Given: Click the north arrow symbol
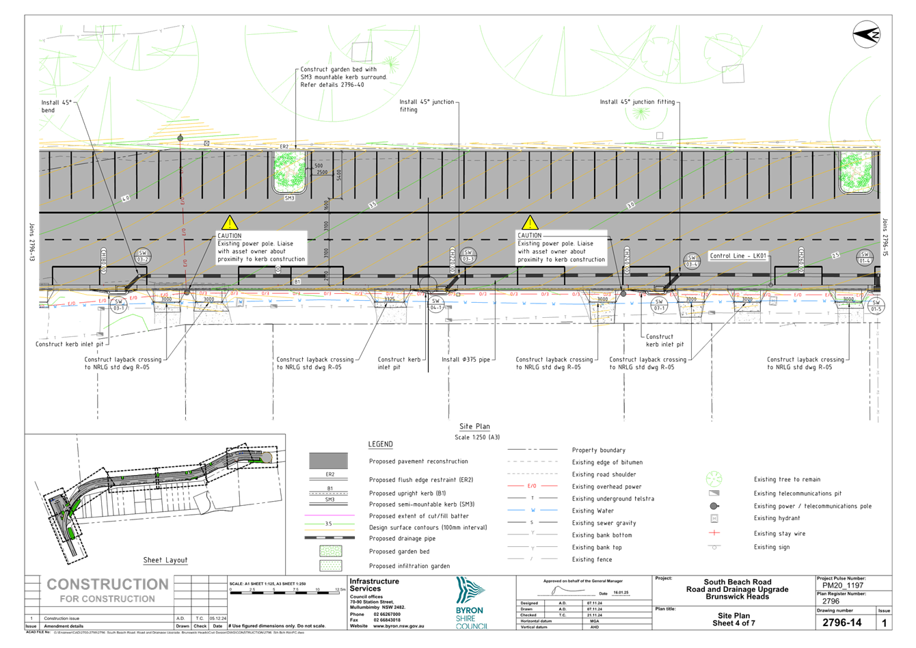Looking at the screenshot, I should click(x=867, y=34).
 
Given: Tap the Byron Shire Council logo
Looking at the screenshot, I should click(x=472, y=602).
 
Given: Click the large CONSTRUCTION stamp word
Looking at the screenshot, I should click(x=107, y=584).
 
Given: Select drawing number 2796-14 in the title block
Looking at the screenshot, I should click(x=841, y=623).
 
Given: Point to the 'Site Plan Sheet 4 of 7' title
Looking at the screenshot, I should click(x=734, y=619).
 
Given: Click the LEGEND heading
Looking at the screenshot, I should click(x=380, y=444).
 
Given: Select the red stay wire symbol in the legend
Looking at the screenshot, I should click(x=714, y=533).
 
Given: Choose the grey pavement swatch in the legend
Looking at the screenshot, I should click(x=328, y=461).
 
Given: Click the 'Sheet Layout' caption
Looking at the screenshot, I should click(x=165, y=561).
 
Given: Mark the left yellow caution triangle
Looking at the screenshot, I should click(x=230, y=222).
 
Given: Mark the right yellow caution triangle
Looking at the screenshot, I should click(x=530, y=223).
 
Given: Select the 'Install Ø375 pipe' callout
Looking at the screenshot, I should click(x=468, y=359).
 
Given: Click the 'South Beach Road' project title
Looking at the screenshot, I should click(x=737, y=582).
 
